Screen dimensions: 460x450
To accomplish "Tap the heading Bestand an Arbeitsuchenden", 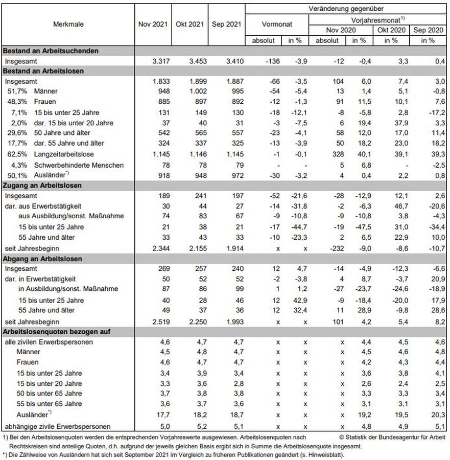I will [51, 51].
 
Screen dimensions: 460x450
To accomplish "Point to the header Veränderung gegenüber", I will [346, 9].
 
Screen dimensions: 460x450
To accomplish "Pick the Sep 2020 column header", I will [428, 30].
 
